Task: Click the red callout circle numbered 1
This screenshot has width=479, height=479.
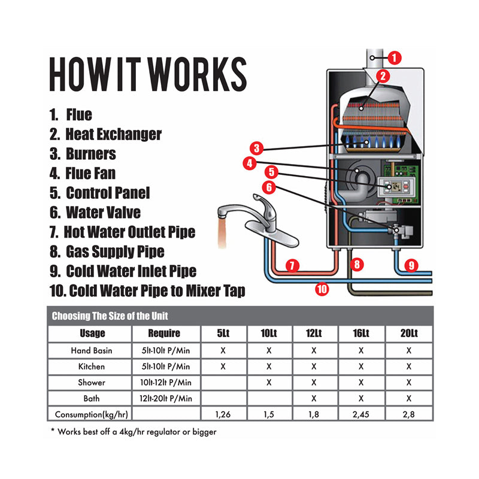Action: tap(394, 57)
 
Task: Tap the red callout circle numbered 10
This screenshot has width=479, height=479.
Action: tap(322, 289)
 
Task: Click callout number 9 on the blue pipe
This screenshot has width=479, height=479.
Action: tap(410, 264)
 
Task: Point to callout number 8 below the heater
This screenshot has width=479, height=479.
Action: tap(357, 263)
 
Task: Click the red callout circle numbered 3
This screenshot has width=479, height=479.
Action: tap(256, 148)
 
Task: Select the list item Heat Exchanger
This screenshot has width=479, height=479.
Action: tap(106, 134)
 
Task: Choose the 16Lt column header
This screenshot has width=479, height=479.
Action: tap(361, 333)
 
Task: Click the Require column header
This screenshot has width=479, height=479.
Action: tap(163, 333)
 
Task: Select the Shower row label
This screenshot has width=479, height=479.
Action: tap(92, 382)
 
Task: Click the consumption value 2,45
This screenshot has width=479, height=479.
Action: tap(361, 414)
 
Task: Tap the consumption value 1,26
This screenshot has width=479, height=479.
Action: tap(223, 414)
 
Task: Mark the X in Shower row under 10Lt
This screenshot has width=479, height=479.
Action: tap(269, 382)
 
